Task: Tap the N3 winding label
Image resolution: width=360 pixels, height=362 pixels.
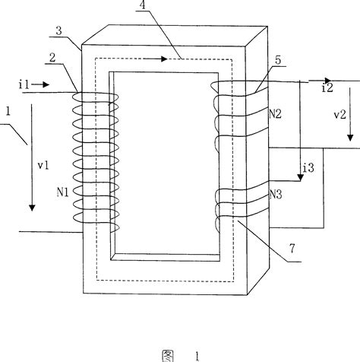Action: coord(276,195)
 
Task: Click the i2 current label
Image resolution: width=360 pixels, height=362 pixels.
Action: coord(327,87)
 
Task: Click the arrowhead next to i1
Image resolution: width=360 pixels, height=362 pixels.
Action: coord(47,85)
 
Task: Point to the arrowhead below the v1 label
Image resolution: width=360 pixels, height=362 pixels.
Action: coord(32,207)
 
